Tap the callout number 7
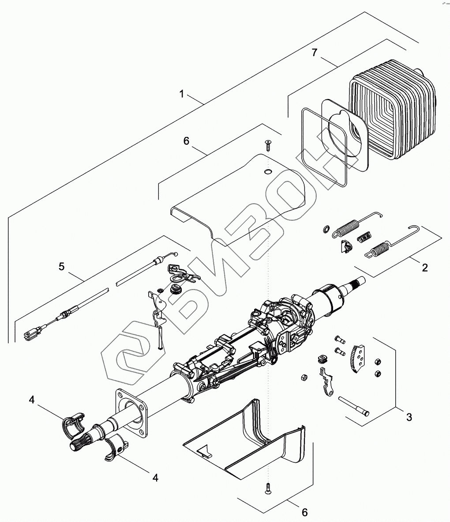pos(314,53)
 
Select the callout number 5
pos(62,266)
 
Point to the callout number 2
pos(424,268)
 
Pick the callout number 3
pos(409,416)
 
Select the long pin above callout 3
pos(353,406)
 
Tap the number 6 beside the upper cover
pos(186,141)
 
